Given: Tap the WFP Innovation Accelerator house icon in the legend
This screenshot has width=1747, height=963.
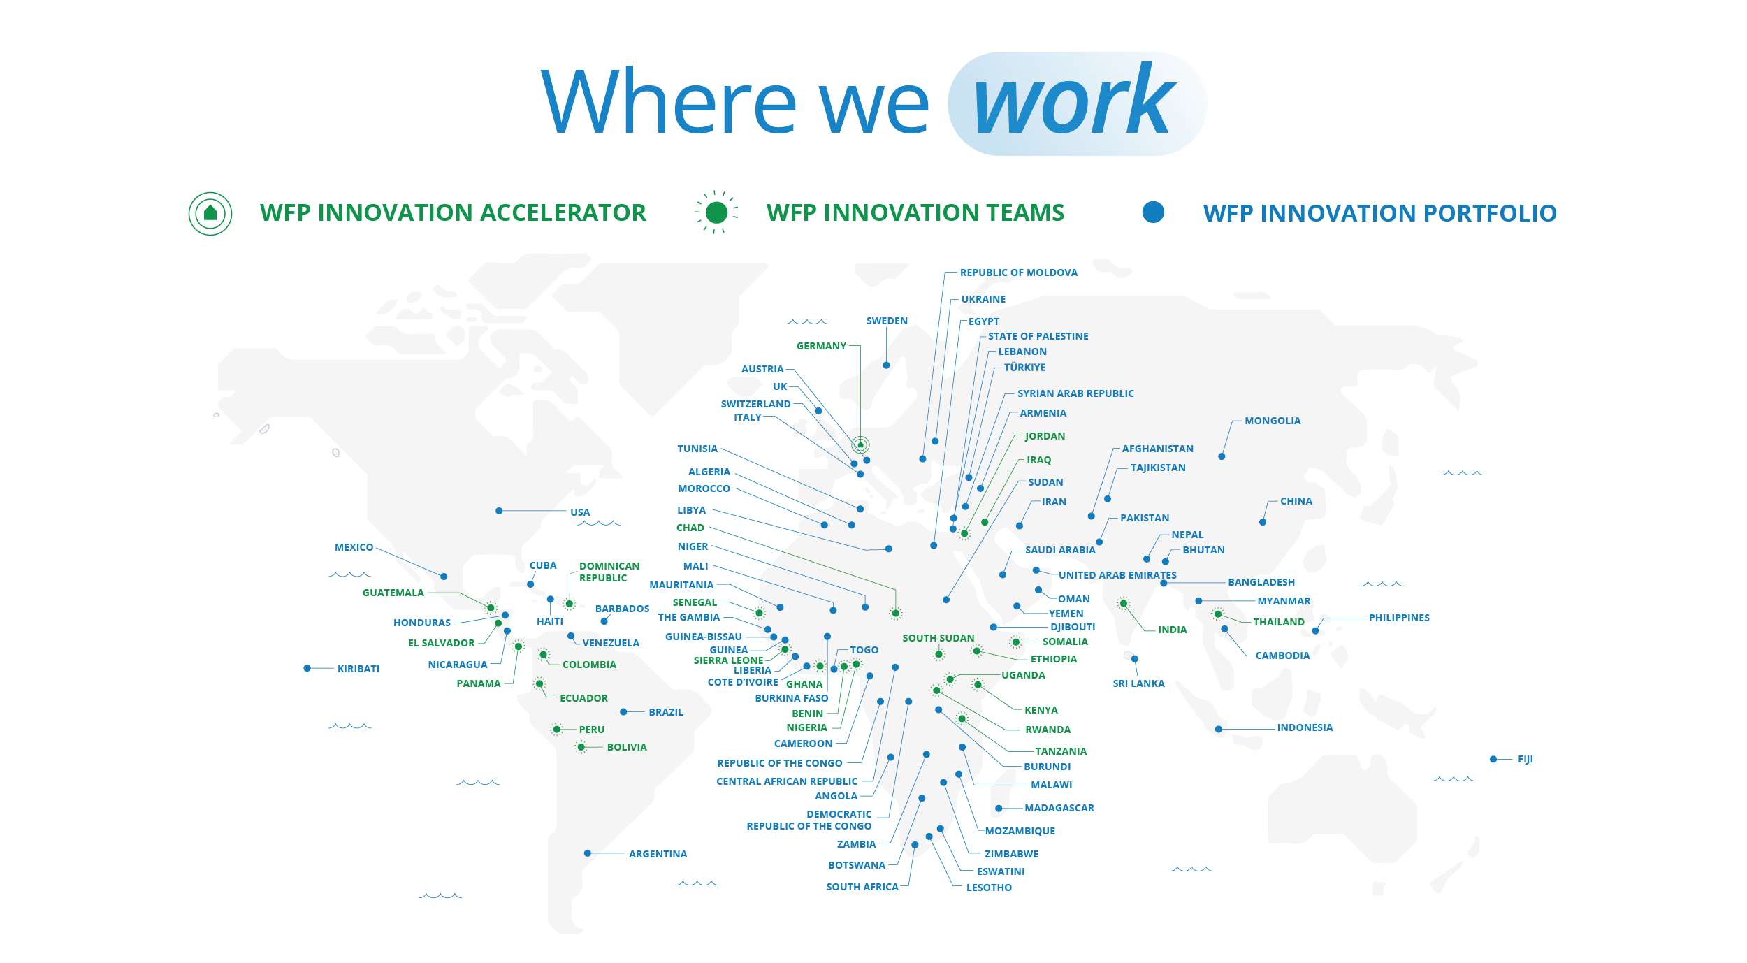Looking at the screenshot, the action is (x=210, y=213).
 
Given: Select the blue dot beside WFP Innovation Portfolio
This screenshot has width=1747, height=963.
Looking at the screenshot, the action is (x=1153, y=212).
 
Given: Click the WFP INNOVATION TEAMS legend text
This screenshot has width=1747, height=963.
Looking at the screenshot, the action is (x=915, y=212).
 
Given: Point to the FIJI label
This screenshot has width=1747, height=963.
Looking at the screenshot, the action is (x=1525, y=759).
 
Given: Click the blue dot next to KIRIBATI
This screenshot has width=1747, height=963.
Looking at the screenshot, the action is (x=307, y=668).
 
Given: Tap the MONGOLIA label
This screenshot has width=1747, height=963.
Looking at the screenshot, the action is (x=1273, y=421).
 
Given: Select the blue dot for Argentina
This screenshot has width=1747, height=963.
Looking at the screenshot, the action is (x=588, y=853).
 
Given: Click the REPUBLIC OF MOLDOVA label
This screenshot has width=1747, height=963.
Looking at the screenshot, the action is (x=1019, y=273).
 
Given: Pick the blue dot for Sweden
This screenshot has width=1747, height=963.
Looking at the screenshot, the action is (x=886, y=365).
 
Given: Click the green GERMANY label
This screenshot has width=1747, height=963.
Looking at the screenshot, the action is (x=821, y=346).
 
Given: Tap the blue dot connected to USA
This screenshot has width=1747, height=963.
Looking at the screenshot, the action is (x=499, y=511).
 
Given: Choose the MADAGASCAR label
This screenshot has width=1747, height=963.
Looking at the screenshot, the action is (x=1059, y=808).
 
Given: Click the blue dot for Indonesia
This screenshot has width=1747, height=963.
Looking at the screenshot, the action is (x=1219, y=729).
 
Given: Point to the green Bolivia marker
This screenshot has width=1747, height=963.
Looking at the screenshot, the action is (x=581, y=747).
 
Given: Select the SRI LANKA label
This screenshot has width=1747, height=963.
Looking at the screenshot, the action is (x=1138, y=683).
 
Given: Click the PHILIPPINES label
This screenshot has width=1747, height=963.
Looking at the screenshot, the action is (x=1399, y=618).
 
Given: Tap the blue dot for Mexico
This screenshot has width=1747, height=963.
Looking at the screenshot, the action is (x=444, y=577).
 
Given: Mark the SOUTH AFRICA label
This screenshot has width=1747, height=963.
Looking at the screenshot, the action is (x=862, y=887).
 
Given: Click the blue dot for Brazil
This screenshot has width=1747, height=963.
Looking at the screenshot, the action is (x=623, y=712).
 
